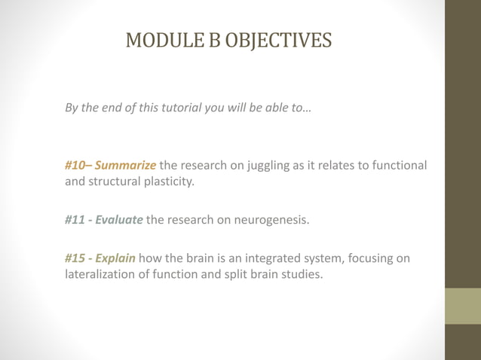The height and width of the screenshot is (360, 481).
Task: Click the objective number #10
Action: click(75, 165)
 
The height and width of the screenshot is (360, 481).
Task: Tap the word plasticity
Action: click(170, 182)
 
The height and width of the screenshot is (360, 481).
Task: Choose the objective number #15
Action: click(75, 259)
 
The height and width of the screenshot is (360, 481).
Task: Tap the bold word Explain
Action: click(115, 259)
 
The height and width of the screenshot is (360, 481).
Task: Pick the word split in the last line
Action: click(222, 276)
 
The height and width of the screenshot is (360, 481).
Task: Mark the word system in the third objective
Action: click(314, 259)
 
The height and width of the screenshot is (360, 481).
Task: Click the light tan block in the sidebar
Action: click(463, 306)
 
